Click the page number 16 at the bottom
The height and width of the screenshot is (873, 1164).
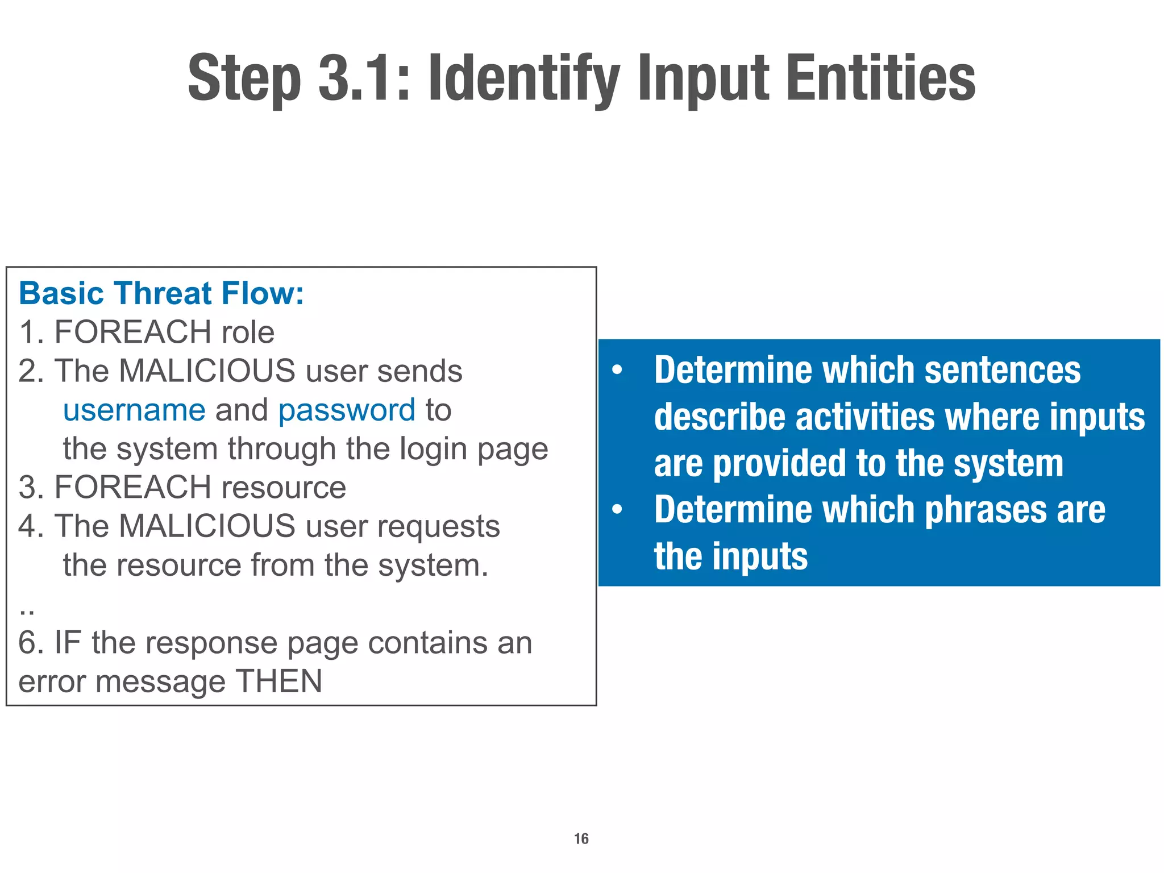click(x=581, y=839)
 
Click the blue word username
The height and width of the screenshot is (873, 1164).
click(x=134, y=410)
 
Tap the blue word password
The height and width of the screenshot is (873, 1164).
click(x=347, y=410)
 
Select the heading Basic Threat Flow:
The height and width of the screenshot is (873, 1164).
click(x=161, y=294)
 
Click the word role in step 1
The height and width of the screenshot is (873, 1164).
click(x=248, y=332)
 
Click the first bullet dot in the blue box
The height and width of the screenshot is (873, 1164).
click(x=617, y=371)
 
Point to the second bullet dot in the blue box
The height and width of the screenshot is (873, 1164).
click(x=617, y=510)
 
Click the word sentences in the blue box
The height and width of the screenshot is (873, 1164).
click(x=1003, y=370)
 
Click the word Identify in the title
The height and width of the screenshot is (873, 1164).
click(x=523, y=78)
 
